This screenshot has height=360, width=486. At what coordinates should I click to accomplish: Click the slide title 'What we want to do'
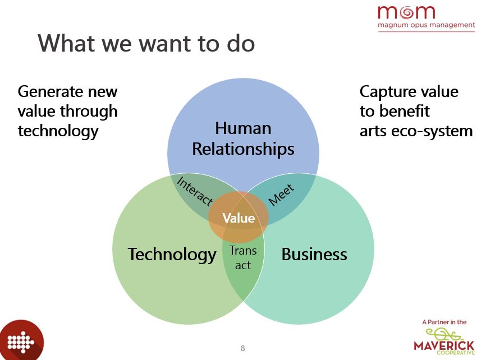tap(146, 43)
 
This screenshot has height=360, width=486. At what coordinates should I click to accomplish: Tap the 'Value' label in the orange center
tap(239, 218)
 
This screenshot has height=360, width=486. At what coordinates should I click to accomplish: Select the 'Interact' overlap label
tap(195, 191)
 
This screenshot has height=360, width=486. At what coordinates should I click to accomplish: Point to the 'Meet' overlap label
tap(281, 195)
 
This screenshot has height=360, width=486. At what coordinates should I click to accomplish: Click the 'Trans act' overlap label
tap(243, 258)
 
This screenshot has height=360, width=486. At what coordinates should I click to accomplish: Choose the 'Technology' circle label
tap(172, 255)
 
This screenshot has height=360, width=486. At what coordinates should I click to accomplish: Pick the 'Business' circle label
tap(314, 255)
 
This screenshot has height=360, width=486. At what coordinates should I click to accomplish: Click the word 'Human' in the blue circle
tap(244, 128)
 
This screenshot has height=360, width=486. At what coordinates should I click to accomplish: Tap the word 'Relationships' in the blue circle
tap(244, 149)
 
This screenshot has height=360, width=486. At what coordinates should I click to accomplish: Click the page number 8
tap(242, 348)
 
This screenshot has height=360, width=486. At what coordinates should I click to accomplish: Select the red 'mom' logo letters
tap(406, 12)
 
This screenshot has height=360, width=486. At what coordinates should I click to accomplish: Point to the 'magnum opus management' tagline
tap(426, 25)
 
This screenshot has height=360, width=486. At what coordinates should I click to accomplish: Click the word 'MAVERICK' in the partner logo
tap(444, 345)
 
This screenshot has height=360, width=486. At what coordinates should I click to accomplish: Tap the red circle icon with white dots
tap(21, 341)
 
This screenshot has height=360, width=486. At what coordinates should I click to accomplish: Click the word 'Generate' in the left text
tap(49, 92)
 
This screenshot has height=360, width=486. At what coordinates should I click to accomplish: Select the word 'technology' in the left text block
tap(58, 131)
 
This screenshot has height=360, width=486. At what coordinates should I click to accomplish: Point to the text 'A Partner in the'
tap(444, 322)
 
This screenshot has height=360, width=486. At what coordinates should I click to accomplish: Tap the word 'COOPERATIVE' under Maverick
tap(456, 353)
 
